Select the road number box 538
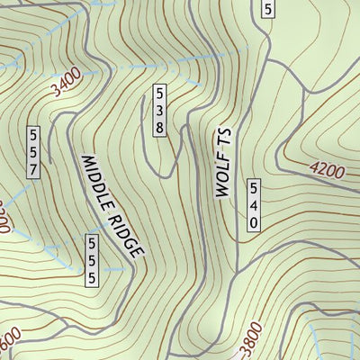pos(159,110)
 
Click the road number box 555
pos(92,260)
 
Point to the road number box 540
pos(254,204)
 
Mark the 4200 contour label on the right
pos(325,169)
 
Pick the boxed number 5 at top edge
pos(267,9)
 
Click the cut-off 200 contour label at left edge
pos(4,218)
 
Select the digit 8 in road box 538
pos(159,127)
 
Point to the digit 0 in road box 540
pos(254,221)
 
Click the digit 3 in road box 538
pos(159,110)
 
